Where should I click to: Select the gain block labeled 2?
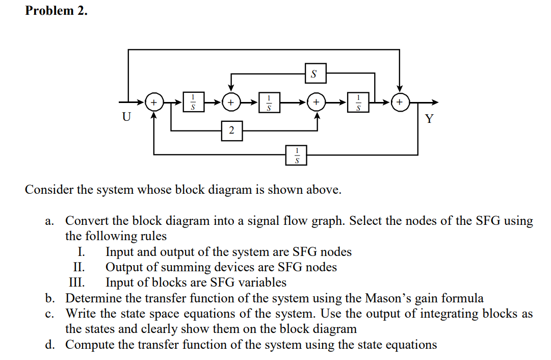[231, 131]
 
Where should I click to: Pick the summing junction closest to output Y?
[400, 102]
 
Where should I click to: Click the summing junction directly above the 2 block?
[231, 102]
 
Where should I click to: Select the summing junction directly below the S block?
[317, 102]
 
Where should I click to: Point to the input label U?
[125, 117]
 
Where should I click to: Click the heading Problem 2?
[56, 11]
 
